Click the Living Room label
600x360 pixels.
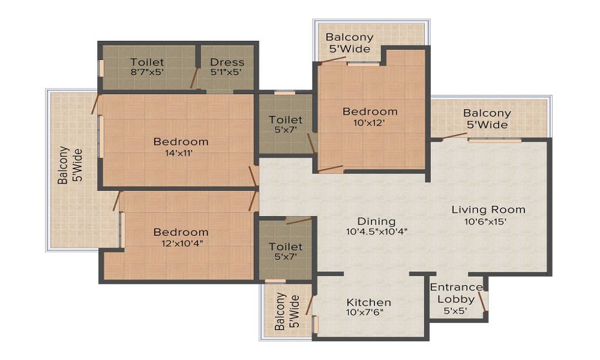pos(488,209)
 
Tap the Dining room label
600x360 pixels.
pos(376,221)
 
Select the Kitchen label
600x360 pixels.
pos(369,302)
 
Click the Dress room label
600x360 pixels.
pos(227,62)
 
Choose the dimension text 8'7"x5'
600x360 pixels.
pos(147,72)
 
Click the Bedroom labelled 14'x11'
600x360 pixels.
pos(181,142)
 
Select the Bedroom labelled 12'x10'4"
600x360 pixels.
pos(181,232)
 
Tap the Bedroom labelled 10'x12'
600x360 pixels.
pos(370,112)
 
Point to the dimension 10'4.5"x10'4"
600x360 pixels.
pos(376,231)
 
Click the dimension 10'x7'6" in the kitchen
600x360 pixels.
pos(369,313)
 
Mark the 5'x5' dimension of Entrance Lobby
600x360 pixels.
pos(455,310)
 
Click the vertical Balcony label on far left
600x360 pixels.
pos(62,165)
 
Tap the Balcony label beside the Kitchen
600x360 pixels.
pos(280,312)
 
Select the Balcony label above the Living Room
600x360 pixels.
pos(487,113)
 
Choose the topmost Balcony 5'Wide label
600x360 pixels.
pos(349,37)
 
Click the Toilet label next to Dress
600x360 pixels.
pos(147,62)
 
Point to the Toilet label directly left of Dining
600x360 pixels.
pos(286,247)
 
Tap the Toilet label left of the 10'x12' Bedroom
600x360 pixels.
pos(286,120)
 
